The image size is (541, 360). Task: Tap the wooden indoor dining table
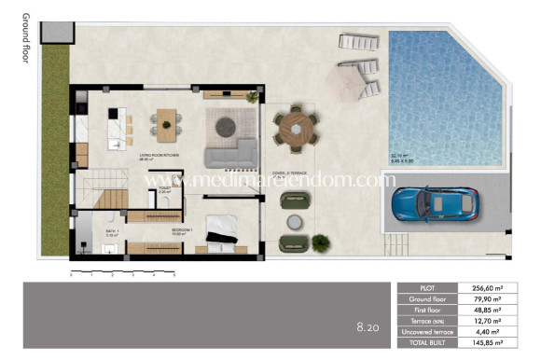pyautogui.click(x=167, y=120)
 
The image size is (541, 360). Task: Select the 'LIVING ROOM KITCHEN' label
pyautogui.click(x=159, y=157)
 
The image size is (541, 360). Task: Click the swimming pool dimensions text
pyautogui.click(x=403, y=159)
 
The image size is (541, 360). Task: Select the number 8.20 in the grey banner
pyautogui.click(x=366, y=327)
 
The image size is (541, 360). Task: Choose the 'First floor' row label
pyautogui.click(x=427, y=311)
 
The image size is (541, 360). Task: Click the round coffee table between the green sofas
pyautogui.click(x=296, y=222)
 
